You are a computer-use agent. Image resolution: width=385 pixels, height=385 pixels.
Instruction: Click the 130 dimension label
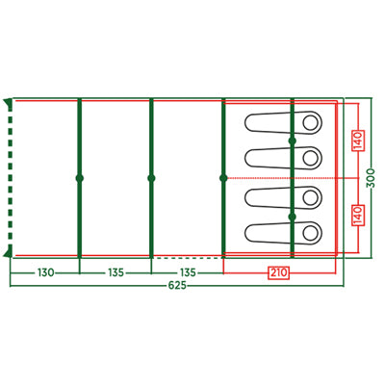click(x=46, y=272)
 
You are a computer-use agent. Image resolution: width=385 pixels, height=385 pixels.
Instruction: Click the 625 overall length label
click(x=177, y=285)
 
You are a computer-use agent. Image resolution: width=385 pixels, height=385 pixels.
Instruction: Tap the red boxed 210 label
click(x=278, y=273)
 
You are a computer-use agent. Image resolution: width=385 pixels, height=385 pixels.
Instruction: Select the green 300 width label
click(x=371, y=178)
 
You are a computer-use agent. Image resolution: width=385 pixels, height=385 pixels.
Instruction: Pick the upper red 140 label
click(x=358, y=141)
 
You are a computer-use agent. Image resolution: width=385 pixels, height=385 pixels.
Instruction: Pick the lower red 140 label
click(x=358, y=215)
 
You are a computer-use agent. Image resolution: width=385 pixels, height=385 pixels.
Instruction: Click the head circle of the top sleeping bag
click(x=310, y=122)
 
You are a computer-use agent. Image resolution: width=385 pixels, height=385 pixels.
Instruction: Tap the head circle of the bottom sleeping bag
click(x=310, y=233)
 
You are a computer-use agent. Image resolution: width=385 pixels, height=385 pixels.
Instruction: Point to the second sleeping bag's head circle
click(x=310, y=158)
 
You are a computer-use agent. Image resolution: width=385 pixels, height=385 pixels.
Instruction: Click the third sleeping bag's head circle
click(x=310, y=197)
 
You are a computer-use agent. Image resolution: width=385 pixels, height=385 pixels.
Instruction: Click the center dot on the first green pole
click(x=80, y=178)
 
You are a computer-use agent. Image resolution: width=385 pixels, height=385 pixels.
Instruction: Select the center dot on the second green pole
click(x=151, y=178)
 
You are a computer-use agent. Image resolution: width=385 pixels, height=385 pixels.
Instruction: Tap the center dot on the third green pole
click(x=223, y=178)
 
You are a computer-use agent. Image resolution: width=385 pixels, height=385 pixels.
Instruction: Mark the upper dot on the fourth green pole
click(x=292, y=141)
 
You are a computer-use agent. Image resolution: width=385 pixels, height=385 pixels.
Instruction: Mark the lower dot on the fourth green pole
click(x=292, y=217)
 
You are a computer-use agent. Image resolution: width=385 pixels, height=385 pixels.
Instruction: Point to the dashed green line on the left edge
click(x=11, y=177)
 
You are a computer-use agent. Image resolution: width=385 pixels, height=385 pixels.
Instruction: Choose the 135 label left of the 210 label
click(x=188, y=272)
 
